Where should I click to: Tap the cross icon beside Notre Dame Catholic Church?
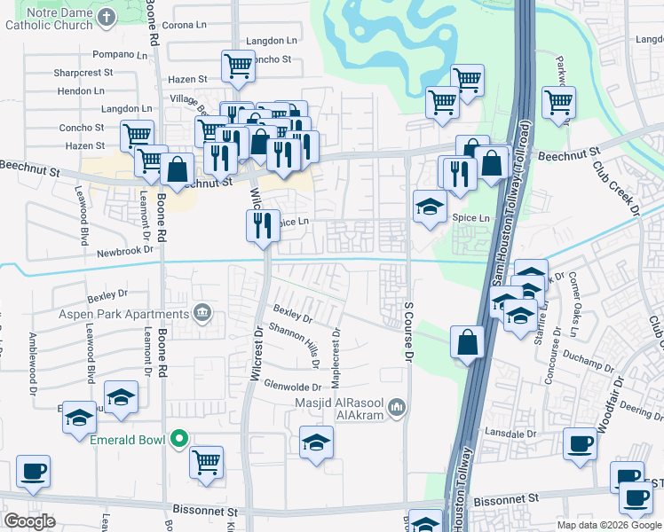(x=107, y=17)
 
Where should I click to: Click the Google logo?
(x=30, y=520)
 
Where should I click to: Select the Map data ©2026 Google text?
(x=608, y=525)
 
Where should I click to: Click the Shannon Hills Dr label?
(x=296, y=340)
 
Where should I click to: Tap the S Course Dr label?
(x=409, y=331)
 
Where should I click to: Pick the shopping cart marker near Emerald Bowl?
(x=206, y=461)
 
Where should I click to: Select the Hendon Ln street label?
(x=81, y=90)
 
